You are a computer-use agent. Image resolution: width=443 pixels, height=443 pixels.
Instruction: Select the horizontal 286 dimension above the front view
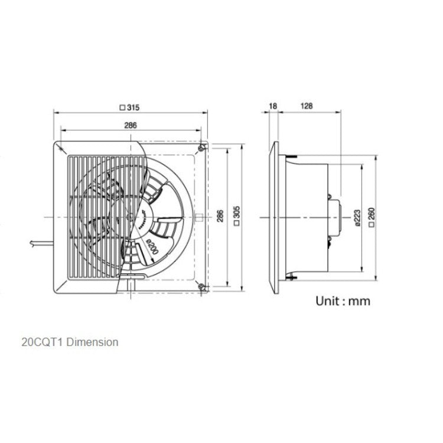(131, 125)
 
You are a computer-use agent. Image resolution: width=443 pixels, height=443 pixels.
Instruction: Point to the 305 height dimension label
(236, 217)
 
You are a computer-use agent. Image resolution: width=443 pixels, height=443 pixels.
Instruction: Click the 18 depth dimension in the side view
(272, 106)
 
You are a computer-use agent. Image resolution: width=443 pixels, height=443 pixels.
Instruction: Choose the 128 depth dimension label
(306, 106)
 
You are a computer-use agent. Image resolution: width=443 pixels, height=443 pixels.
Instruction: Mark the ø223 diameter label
(357, 217)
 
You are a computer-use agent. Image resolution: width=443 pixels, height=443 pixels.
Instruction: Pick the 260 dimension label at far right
(372, 217)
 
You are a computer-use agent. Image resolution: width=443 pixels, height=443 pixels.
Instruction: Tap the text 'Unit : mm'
(343, 301)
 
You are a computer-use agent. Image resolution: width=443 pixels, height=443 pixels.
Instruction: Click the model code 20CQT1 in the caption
(40, 342)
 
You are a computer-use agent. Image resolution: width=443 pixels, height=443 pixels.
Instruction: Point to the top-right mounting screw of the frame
(203, 148)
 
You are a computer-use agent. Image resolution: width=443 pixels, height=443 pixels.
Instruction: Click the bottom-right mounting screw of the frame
(203, 287)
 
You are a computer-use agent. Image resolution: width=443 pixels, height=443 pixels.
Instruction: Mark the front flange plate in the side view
(273, 217)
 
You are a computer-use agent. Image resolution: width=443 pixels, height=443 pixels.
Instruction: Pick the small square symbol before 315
(122, 108)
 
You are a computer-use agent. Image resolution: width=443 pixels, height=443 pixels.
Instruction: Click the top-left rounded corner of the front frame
(57, 145)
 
